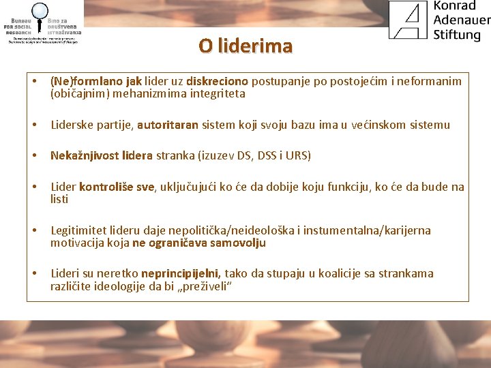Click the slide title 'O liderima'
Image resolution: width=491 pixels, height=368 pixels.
[245, 46]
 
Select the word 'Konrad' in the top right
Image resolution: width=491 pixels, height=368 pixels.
[455, 6]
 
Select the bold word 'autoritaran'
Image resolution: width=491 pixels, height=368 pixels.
[168, 125]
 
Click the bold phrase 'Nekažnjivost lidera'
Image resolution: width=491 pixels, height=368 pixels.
[102, 155]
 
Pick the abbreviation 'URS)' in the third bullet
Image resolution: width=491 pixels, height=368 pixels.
[298, 155]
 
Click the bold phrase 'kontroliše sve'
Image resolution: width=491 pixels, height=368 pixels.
[117, 187]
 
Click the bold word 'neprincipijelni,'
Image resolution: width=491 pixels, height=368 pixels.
[180, 273]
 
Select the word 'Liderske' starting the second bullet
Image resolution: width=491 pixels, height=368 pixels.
[72, 125]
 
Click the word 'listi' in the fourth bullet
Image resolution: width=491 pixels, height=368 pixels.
[59, 199]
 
